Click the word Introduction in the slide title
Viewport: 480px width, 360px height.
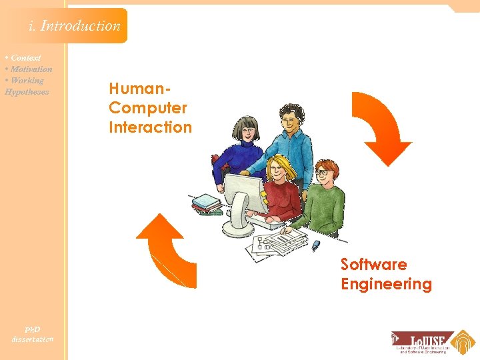pos(80,26)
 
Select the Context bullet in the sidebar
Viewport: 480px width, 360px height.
pos(25,58)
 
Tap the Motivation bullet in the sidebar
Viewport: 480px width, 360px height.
pos(31,69)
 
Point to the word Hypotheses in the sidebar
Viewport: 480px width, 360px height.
pos(27,92)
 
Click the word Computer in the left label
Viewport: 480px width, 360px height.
pos(148,108)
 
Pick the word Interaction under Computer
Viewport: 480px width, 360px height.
pos(150,127)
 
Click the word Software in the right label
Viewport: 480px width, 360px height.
pos(374,265)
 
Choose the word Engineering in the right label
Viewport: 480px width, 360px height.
pos(386,285)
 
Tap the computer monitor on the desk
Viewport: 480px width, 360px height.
pos(243,200)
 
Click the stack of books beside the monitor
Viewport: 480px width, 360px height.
pos(207,203)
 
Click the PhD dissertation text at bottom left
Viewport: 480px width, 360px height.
pos(32,334)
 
